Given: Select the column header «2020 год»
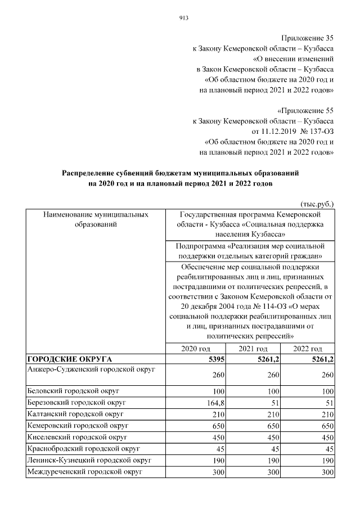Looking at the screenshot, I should [x=195, y=349].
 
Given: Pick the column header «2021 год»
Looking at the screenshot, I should [x=253, y=349].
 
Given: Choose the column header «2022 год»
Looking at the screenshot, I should [x=307, y=349].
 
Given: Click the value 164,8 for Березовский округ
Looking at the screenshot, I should [x=208, y=403].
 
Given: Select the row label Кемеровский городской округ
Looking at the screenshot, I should [x=78, y=425].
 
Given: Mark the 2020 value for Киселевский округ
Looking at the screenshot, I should [x=211, y=437].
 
